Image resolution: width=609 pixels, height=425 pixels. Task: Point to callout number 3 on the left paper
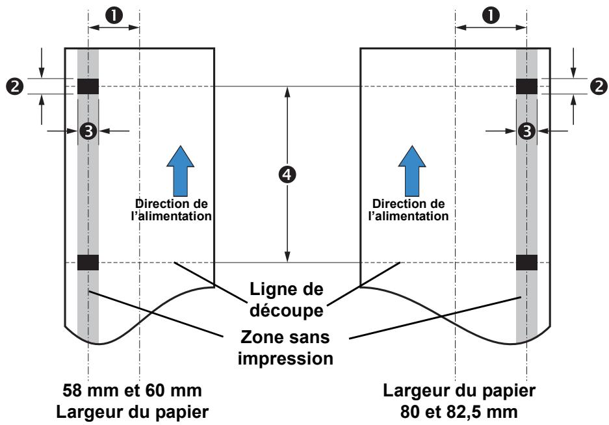tap(88, 131)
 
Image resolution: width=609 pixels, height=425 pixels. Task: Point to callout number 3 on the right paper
tap(526, 131)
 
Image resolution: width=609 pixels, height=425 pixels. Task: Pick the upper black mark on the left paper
tap(88, 86)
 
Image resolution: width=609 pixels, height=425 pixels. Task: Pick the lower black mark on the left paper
tap(88, 262)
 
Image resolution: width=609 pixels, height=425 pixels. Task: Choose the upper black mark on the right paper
tap(526, 86)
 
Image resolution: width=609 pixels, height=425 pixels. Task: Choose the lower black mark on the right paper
tap(526, 262)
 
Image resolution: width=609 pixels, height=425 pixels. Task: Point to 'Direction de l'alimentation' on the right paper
tap(408, 210)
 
